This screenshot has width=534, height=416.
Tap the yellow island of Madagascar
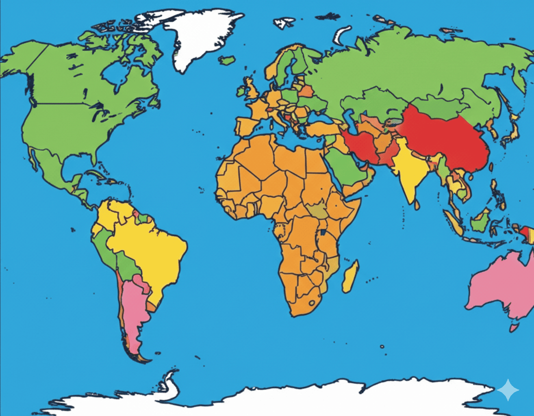tap(350, 277)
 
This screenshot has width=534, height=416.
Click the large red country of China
tap(445, 139)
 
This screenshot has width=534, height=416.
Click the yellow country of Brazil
tap(148, 246)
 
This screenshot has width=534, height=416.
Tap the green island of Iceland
tap(227, 60)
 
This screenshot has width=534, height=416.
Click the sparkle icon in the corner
tap(508, 390)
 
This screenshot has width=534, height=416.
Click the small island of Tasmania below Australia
tap(514, 328)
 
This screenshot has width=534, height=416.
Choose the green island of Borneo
tap(481, 220)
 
